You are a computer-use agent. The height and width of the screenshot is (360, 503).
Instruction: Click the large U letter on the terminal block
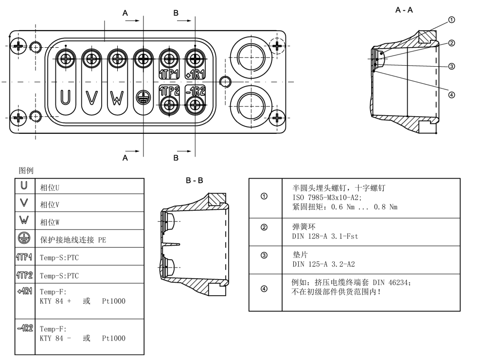[65, 98]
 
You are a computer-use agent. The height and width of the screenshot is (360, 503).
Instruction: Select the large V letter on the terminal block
[91, 98]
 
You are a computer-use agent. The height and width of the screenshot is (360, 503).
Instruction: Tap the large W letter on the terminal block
[117, 98]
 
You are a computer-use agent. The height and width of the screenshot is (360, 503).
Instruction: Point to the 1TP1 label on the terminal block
[170, 74]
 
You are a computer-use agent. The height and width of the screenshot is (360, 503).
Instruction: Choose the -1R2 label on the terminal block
[196, 91]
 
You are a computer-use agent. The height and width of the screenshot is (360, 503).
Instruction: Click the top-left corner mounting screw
[19, 47]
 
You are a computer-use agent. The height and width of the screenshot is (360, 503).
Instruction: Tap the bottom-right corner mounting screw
[277, 117]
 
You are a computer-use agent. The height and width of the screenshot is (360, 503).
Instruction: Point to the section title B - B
[194, 180]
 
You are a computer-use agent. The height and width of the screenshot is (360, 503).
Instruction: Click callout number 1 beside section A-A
[451, 20]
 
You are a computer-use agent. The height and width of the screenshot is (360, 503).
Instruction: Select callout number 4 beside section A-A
[451, 94]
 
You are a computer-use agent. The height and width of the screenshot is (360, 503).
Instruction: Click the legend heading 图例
[26, 170]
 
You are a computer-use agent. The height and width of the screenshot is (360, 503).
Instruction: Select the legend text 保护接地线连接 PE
[72, 240]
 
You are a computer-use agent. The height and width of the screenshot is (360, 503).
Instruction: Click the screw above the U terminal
[65, 59]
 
